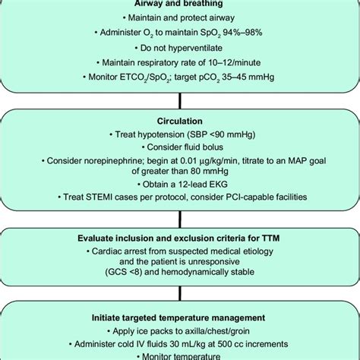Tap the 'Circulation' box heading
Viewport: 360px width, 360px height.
(x=179, y=120)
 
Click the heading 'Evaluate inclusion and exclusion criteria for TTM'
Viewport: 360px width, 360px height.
(x=180, y=237)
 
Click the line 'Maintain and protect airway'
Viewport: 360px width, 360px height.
(x=180, y=18)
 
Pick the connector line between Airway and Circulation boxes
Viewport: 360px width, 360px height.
(x=179, y=100)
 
